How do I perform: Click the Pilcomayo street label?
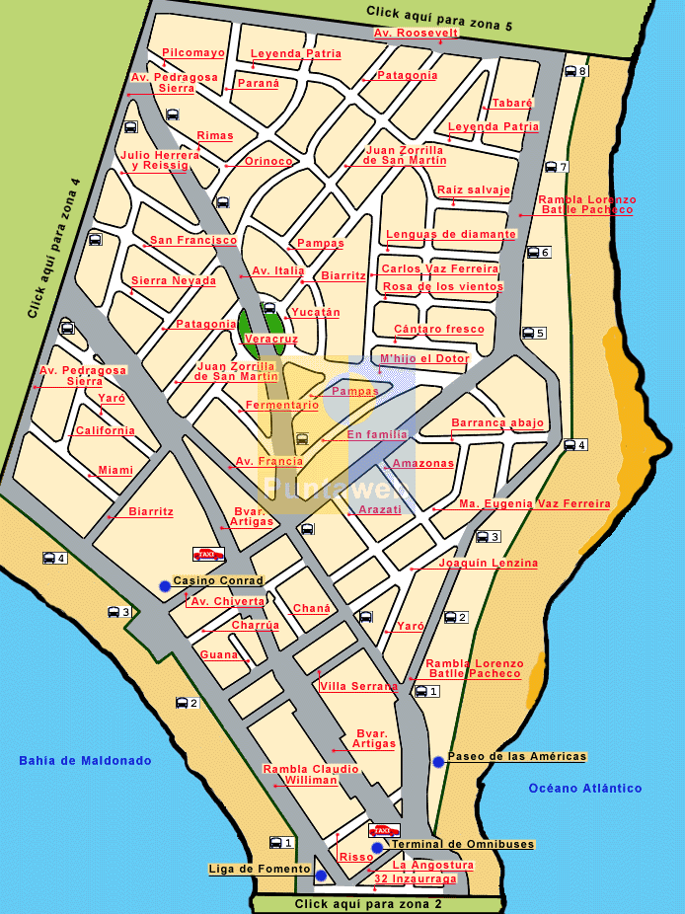click(193, 52)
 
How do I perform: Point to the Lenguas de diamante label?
click(451, 235)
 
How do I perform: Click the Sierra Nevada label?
click(174, 280)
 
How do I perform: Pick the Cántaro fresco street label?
click(439, 329)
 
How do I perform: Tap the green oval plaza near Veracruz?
click(261, 327)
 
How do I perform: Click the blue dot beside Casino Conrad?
click(165, 586)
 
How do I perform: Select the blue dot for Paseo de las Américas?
click(438, 761)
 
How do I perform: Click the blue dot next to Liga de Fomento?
click(321, 876)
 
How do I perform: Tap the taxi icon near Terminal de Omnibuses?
click(384, 831)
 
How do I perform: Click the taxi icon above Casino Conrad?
click(208, 555)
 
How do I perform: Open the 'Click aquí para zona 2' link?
click(368, 904)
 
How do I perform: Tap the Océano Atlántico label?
click(585, 788)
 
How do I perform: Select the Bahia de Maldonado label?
click(85, 760)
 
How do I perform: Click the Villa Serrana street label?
click(358, 686)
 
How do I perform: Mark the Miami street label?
click(115, 470)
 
